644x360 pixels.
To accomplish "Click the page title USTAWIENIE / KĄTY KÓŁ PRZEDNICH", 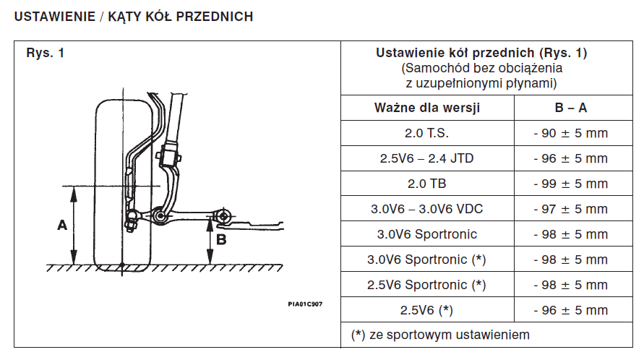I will tap(134, 16).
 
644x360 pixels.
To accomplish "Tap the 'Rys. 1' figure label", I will tap(45, 53).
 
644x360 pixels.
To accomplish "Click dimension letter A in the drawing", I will tap(62, 225).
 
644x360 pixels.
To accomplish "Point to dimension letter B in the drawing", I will tap(222, 237).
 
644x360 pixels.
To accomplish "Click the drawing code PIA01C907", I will tap(304, 304).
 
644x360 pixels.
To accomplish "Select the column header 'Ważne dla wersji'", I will tap(427, 108).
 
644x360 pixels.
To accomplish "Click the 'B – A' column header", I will tap(570, 108).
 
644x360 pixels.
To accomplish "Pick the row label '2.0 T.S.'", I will tap(427, 133).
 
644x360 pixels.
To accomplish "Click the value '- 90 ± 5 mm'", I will tap(570, 133).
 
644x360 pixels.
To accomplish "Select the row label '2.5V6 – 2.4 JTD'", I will tap(427, 158).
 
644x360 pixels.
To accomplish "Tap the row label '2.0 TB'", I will tap(427, 184).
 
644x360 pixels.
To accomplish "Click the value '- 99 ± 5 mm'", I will tap(570, 184).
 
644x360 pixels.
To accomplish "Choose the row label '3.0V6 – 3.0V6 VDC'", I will tap(427, 209).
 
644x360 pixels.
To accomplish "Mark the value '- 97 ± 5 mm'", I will tap(570, 209).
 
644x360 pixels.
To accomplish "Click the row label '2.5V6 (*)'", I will tap(427, 310).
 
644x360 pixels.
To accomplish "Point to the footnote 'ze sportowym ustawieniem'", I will tap(449, 335).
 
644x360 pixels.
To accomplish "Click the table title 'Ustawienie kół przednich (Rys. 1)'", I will tap(482, 53).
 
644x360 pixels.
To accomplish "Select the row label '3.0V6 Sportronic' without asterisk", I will tap(427, 234).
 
